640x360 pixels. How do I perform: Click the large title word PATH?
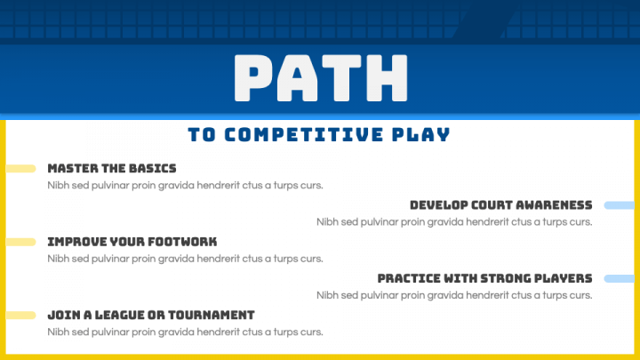coord(319,79)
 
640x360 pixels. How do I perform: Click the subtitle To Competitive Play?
coord(319,135)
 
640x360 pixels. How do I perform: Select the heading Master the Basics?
coord(112,168)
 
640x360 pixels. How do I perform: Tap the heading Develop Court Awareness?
coord(501,205)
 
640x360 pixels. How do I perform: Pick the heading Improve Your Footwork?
coord(132,242)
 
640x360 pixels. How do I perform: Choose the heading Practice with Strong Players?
coord(484,278)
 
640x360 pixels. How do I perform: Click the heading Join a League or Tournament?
coord(151,315)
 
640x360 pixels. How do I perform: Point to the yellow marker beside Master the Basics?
coord(20,168)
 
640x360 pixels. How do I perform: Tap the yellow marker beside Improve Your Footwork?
coord(20,242)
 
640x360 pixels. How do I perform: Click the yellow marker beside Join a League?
coord(20,315)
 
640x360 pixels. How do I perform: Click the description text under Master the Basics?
coord(185,186)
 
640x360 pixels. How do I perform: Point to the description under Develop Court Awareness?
coord(454,222)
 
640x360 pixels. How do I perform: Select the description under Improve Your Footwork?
coord(185,259)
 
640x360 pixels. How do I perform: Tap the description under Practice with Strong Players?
coord(454,295)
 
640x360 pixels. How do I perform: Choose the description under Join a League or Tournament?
coord(185,332)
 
